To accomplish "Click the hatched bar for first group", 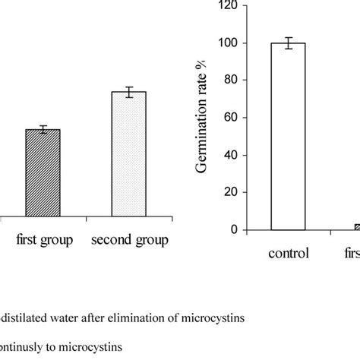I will click(43, 174).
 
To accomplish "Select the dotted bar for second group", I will click(128, 155).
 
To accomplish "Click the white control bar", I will click(288, 136).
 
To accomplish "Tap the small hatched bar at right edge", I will click(357, 227).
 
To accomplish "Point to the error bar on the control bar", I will click(288, 43).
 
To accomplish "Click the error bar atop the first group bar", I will click(43, 129).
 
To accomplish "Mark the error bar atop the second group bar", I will click(128, 92).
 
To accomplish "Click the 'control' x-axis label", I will click(288, 254).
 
